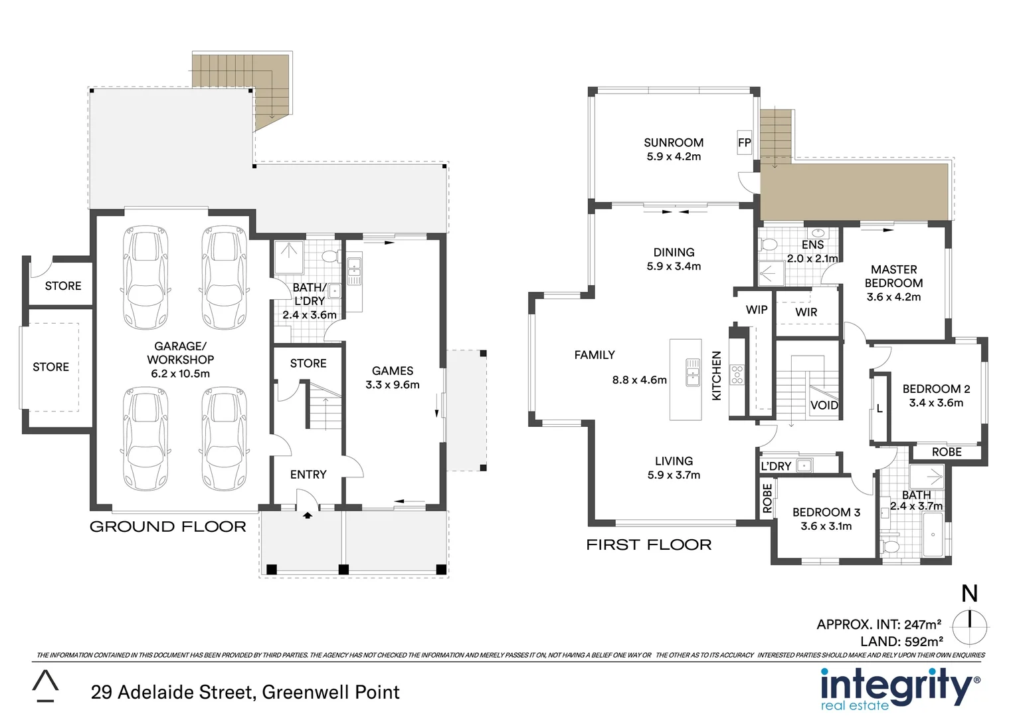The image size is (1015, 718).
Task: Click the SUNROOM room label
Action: pyautogui.click(x=673, y=142)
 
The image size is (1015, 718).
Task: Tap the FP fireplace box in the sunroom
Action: pyautogui.click(x=744, y=143)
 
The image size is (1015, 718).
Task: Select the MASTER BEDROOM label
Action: pyautogui.click(x=893, y=276)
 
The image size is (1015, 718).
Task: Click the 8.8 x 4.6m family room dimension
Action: pyautogui.click(x=639, y=380)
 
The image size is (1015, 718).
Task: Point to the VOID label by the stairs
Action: pyautogui.click(x=824, y=406)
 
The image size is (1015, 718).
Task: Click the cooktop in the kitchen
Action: pyautogui.click(x=737, y=374)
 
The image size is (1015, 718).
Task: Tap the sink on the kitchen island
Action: pyautogui.click(x=692, y=372)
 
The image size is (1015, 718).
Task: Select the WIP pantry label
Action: pyautogui.click(x=756, y=310)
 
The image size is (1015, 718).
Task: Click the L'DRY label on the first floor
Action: pyautogui.click(x=776, y=466)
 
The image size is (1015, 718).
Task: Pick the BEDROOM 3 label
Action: pyautogui.click(x=826, y=512)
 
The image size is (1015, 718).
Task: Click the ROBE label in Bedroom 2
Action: pyautogui.click(x=946, y=452)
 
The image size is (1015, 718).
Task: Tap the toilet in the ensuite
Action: pyautogui.click(x=769, y=245)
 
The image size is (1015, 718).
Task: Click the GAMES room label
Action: pyautogui.click(x=392, y=371)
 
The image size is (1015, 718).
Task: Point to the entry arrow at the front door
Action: pyautogui.click(x=308, y=514)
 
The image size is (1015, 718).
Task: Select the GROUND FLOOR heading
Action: pyautogui.click(x=167, y=527)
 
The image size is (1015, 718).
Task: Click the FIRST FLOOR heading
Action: pyautogui.click(x=648, y=545)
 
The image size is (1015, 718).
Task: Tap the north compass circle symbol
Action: pyautogui.click(x=969, y=626)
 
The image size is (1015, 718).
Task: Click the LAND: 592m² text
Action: pyautogui.click(x=901, y=642)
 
